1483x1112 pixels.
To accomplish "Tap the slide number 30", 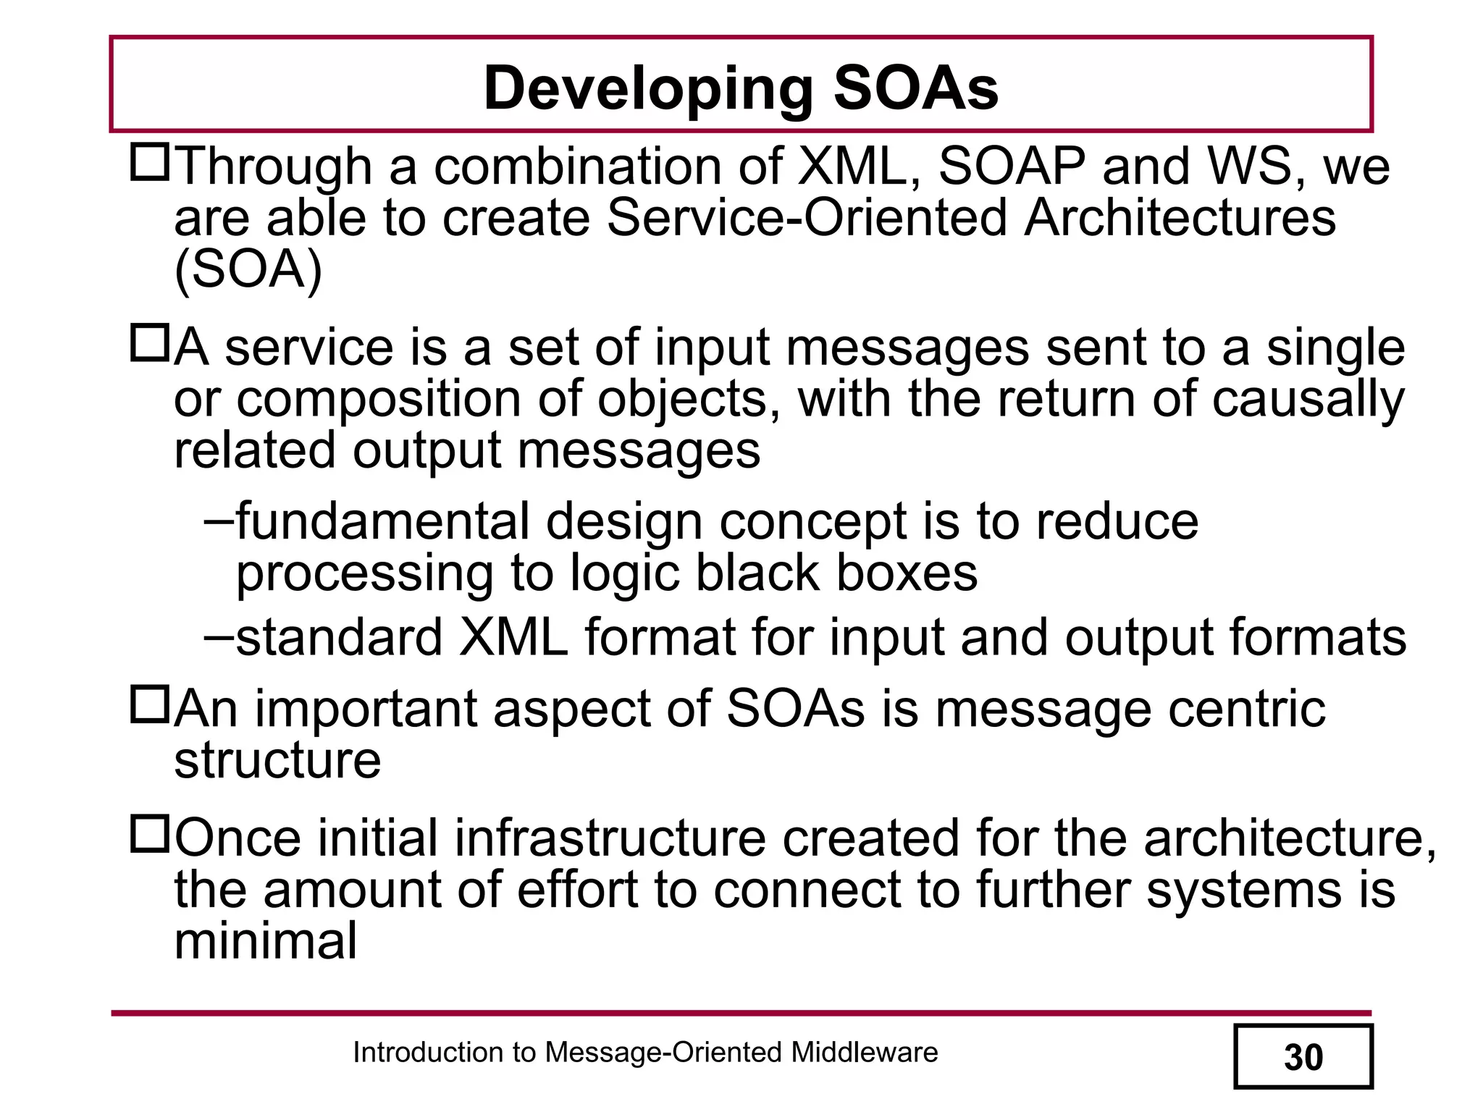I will [x=1303, y=1058].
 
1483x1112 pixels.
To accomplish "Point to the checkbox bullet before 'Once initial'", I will [x=149, y=834].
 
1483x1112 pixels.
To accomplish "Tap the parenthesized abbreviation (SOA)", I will [x=248, y=270].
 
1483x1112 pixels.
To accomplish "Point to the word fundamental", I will [x=382, y=521].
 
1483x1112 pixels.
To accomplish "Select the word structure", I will [x=277, y=760].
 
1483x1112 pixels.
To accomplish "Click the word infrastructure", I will [x=610, y=838].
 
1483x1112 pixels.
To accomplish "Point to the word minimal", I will [x=266, y=941].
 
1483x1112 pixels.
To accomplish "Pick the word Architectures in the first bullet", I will [x=1180, y=218].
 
